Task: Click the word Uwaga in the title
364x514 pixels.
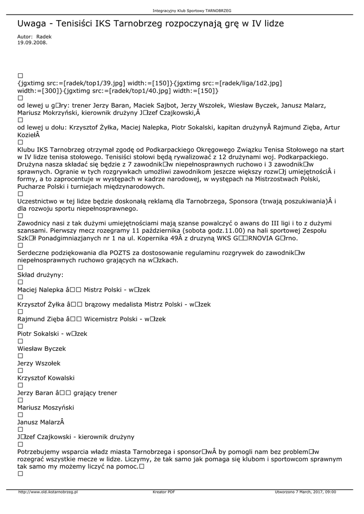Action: [x=32, y=24]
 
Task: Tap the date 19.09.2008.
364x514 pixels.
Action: [x=32, y=43]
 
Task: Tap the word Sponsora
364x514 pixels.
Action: [x=244, y=201]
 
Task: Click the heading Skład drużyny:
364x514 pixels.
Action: [x=41, y=275]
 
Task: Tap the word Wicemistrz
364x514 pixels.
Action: [x=102, y=319]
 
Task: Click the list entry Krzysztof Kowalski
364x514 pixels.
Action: [x=46, y=378]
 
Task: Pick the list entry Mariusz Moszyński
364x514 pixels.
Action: [x=46, y=408]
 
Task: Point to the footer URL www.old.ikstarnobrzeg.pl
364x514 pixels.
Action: [x=48, y=492]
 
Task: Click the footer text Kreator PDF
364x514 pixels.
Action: [x=164, y=492]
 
